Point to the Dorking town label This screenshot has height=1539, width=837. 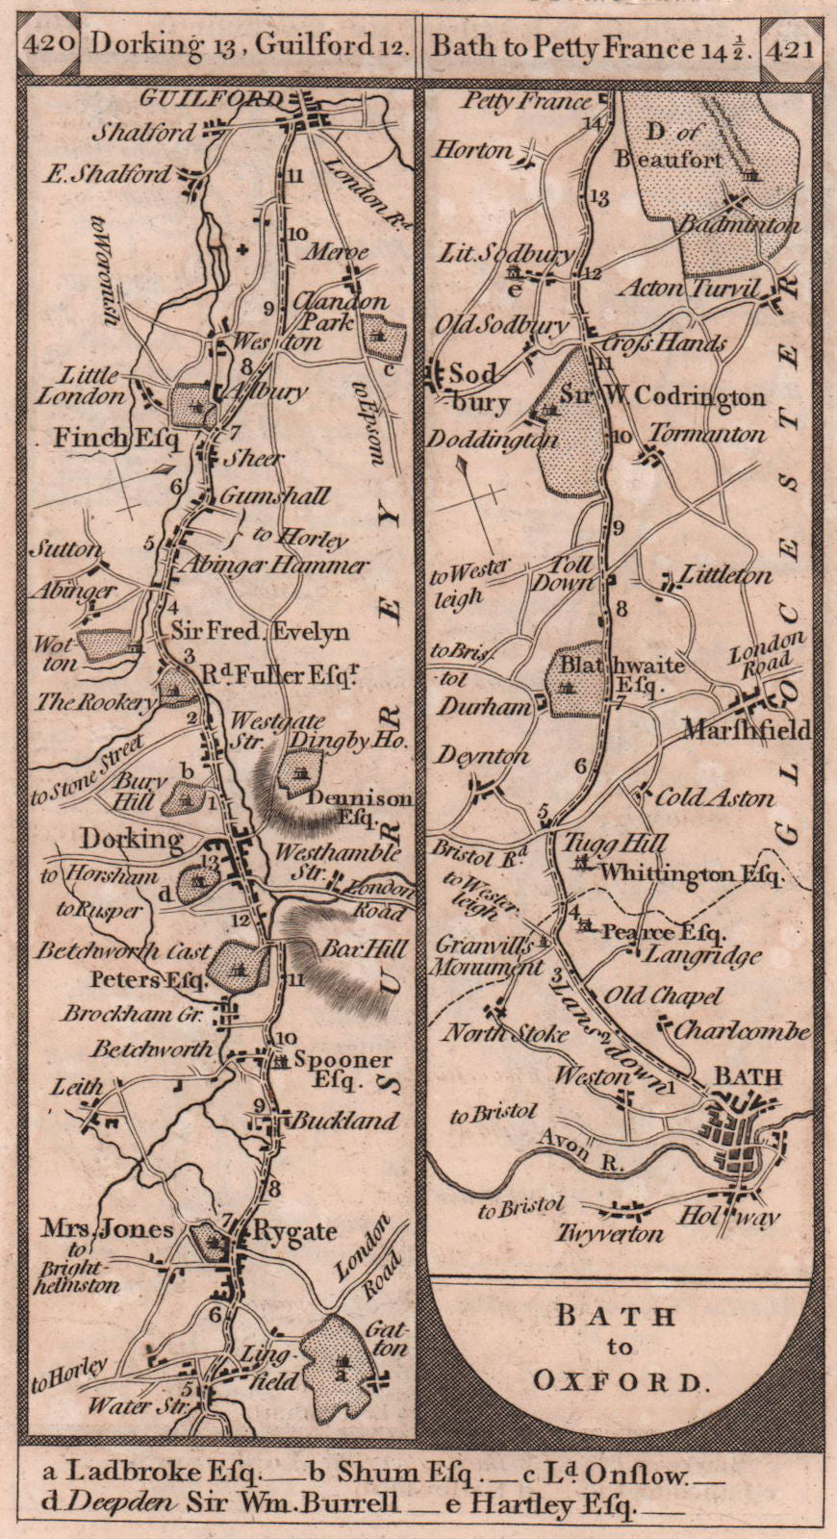[x=132, y=839]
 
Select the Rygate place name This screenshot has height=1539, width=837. [x=294, y=1231]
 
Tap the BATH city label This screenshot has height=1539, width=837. [x=747, y=1075]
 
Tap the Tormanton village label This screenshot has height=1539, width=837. [x=707, y=435]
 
